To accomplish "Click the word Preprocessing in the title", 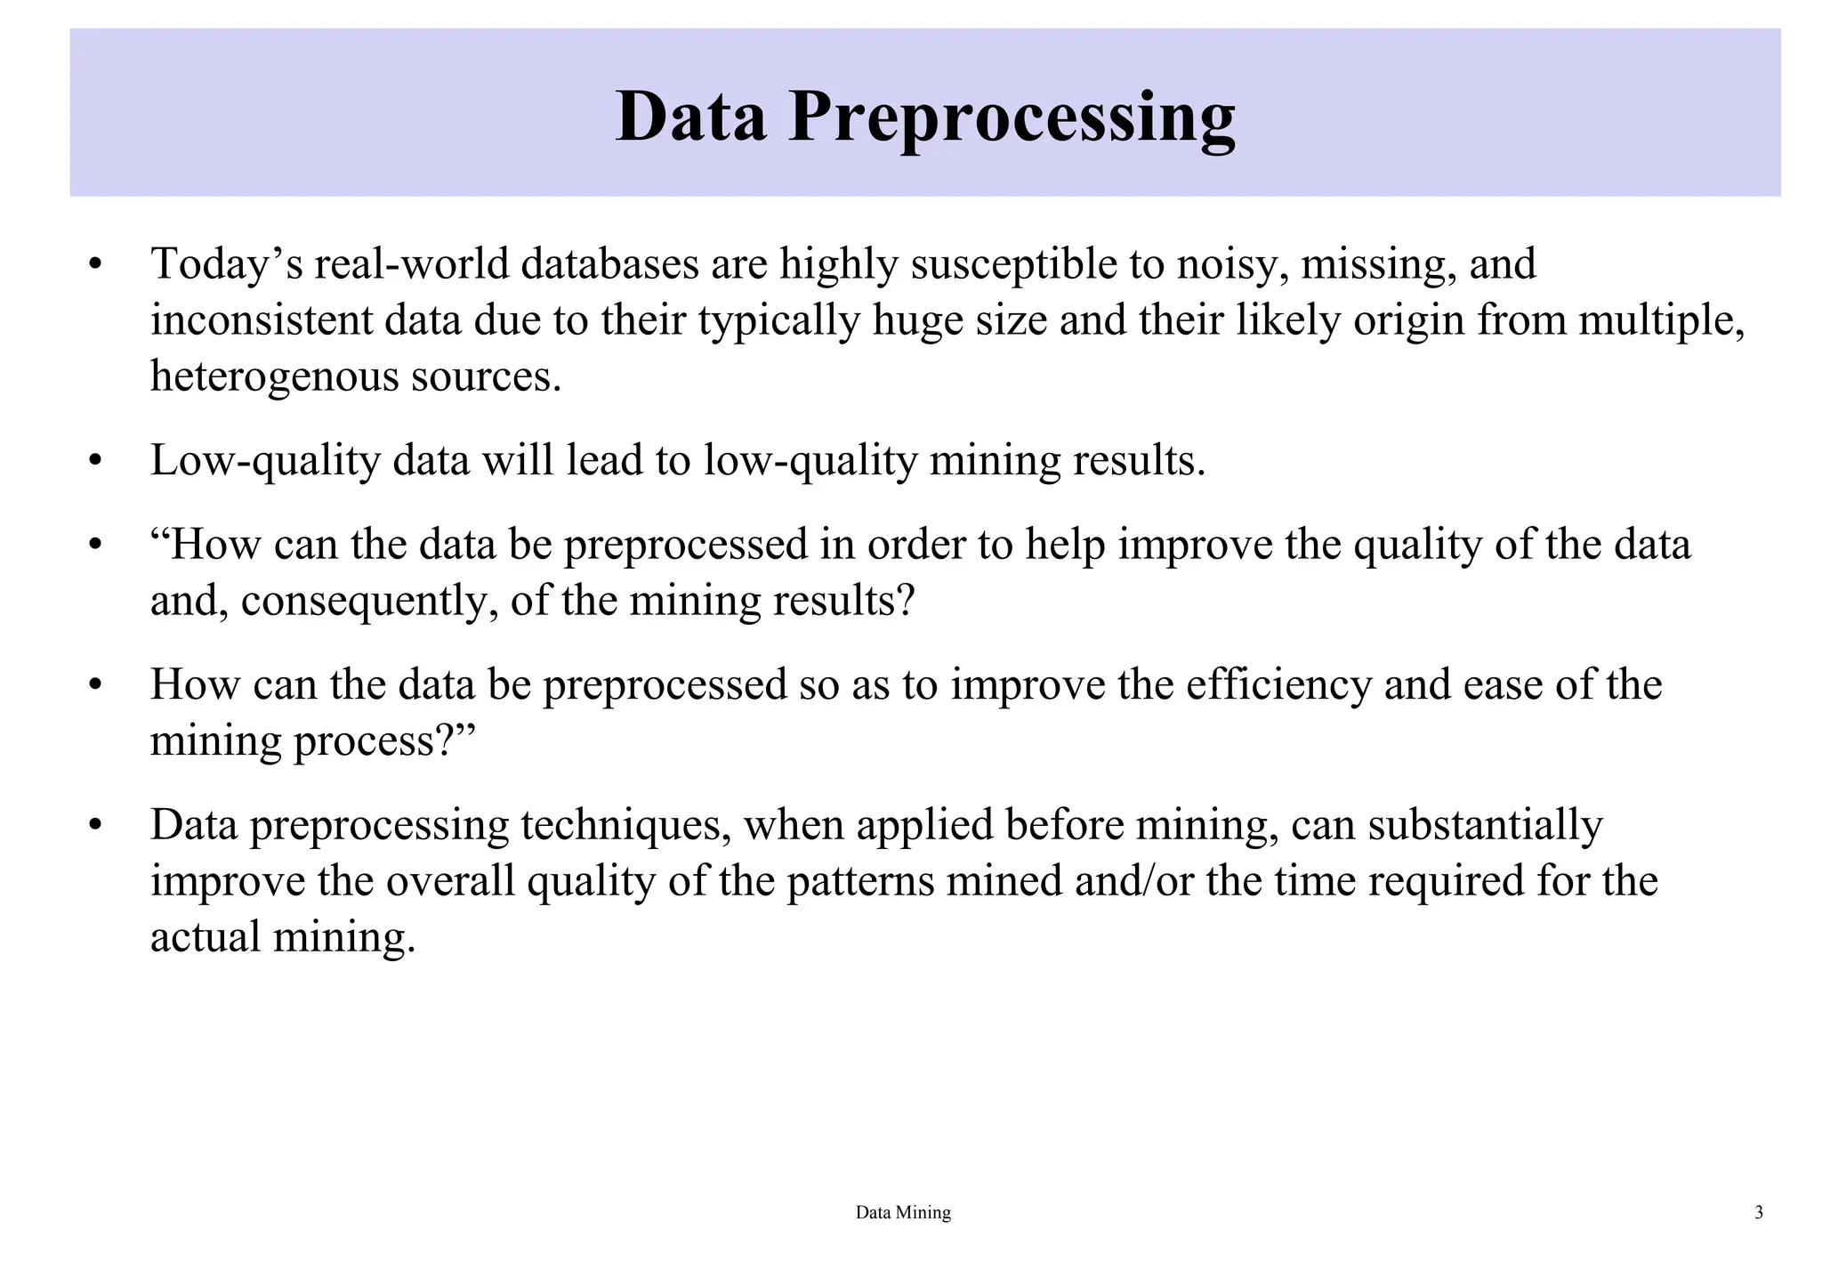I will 1012,117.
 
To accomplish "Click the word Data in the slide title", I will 690,116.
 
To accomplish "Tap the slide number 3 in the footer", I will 1758,1212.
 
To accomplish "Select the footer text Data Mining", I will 903,1212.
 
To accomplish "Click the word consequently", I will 369,601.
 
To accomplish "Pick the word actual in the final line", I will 206,937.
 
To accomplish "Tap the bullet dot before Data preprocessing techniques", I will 96,826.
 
